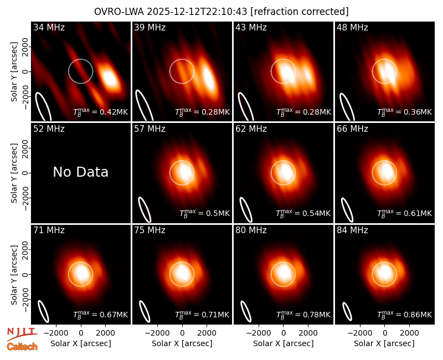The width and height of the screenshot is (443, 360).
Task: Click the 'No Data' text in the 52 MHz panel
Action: (x=80, y=172)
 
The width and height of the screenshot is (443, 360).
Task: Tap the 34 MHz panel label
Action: (x=49, y=27)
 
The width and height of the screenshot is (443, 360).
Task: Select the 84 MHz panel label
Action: (x=352, y=230)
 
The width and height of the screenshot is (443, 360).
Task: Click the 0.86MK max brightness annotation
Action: (x=404, y=314)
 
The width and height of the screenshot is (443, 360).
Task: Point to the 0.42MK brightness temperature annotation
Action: (x=101, y=112)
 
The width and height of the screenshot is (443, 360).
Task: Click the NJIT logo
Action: (x=22, y=333)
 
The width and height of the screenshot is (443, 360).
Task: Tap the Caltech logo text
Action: (x=22, y=347)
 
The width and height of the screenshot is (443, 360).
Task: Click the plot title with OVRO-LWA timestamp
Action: (x=221, y=12)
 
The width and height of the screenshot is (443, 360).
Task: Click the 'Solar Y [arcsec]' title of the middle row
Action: (x=14, y=173)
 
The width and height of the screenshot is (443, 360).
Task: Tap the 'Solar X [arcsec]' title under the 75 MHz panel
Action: (x=182, y=343)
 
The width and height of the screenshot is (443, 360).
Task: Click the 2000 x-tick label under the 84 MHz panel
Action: (x=409, y=333)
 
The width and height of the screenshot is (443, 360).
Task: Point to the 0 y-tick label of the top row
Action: (x=26, y=71)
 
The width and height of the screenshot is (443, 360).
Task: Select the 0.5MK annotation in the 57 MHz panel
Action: (x=204, y=213)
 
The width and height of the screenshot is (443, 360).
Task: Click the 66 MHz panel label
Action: (x=352, y=129)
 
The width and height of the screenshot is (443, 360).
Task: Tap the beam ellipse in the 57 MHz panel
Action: (x=145, y=209)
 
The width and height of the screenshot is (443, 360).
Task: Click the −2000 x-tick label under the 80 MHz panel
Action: (x=258, y=333)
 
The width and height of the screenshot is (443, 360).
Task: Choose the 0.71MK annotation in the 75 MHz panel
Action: (x=202, y=314)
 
